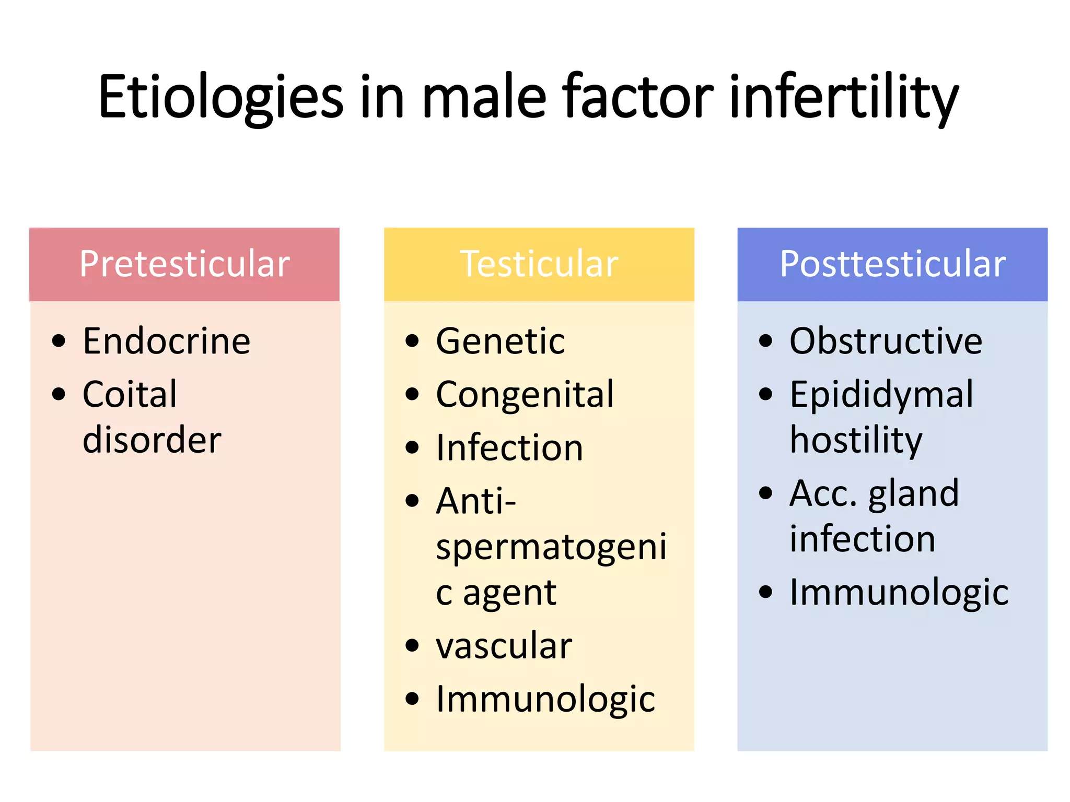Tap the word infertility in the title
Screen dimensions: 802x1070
coord(843,97)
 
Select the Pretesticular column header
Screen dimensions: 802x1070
coord(184,264)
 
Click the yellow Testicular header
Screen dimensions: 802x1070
coord(539,264)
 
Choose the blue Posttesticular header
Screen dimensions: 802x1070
coord(892,264)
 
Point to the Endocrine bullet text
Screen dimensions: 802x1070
coord(167,341)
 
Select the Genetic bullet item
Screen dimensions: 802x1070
coord(500,341)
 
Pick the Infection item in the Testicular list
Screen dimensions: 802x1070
coord(509,447)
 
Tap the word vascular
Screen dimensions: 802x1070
coord(504,645)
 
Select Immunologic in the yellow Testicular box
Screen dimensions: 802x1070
coord(545,699)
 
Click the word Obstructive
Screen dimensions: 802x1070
coord(886,341)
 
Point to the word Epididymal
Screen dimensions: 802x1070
coord(881,395)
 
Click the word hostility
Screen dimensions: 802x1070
coord(856,440)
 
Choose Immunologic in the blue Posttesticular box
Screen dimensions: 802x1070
coord(899,592)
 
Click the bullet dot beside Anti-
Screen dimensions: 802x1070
coord(412,500)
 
